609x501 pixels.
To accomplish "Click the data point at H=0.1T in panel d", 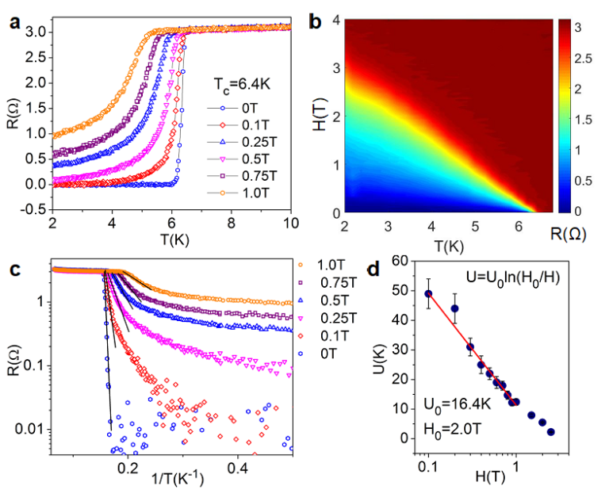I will pyautogui.click(x=428, y=293).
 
